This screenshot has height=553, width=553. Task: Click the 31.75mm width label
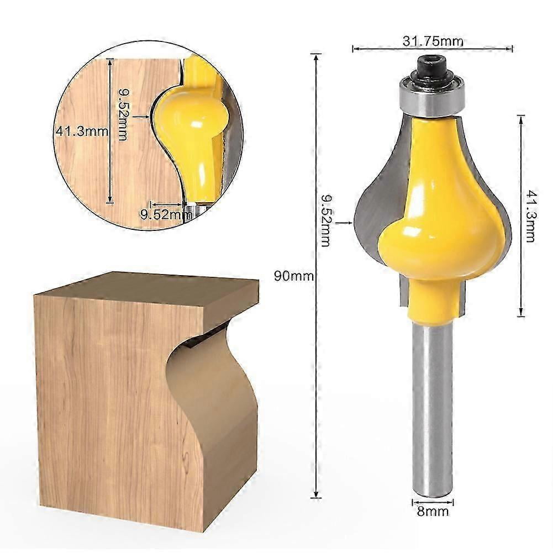coord(433,41)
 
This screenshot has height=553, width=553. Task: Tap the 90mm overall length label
coord(294,276)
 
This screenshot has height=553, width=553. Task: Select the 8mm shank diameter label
coord(433,512)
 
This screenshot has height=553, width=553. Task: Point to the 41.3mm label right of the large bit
coord(530,216)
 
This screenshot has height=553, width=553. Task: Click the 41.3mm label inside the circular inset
coord(81,131)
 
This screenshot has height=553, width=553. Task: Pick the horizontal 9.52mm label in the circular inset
coord(162,214)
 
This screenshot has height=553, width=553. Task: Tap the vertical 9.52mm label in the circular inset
coord(123,114)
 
